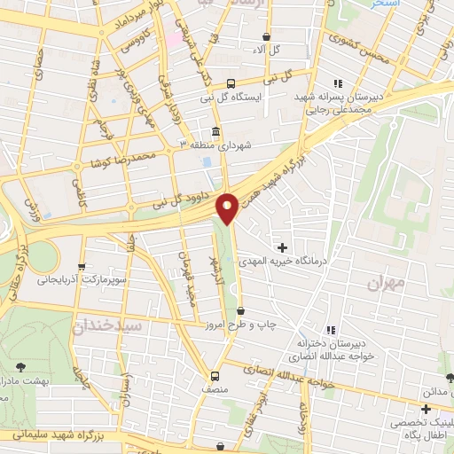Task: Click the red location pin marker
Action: pyautogui.click(x=228, y=207)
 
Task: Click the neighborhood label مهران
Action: pyautogui.click(x=385, y=282)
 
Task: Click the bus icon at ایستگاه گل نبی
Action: pyautogui.click(x=231, y=80)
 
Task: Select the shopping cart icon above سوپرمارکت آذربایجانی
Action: pyautogui.click(x=82, y=265)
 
